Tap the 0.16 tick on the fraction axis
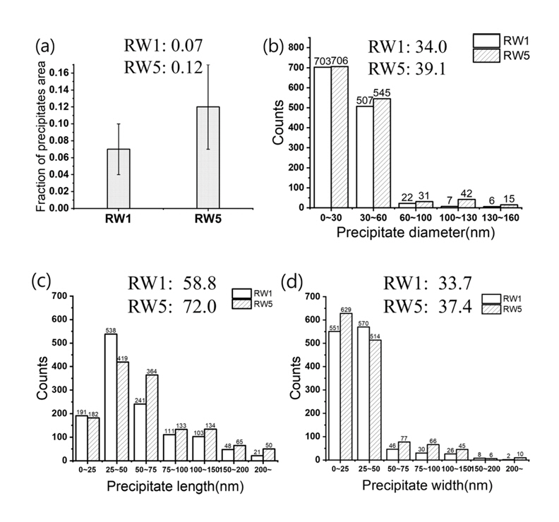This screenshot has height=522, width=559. [x=63, y=73]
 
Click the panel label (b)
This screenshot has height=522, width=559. [x=275, y=49]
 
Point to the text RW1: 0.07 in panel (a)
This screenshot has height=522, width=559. [x=162, y=47]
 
